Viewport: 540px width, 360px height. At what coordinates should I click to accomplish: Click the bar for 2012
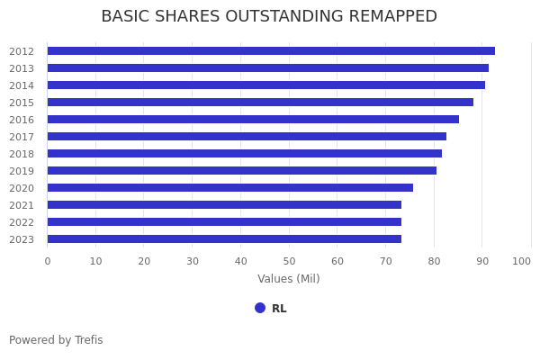[x=270, y=51]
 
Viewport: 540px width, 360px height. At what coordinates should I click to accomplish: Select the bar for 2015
[x=260, y=103]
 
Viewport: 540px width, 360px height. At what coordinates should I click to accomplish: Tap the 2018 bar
[x=244, y=154]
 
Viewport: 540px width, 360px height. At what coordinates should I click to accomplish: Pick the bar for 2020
[x=229, y=188]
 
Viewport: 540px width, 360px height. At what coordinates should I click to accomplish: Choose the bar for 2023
[x=224, y=239]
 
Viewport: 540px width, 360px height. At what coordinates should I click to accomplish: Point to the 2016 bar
[x=253, y=120]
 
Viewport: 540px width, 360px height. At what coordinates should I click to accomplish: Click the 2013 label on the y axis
[x=22, y=68]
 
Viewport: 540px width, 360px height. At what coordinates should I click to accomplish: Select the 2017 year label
[x=22, y=137]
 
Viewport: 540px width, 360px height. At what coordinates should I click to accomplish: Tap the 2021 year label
[x=22, y=205]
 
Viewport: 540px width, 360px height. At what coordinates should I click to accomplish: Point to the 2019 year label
[x=22, y=171]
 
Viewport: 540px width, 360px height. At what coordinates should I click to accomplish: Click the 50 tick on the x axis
[x=289, y=261]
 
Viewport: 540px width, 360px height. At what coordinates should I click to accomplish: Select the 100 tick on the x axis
[x=522, y=261]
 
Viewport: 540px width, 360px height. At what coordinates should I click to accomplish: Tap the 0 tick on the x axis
[x=48, y=261]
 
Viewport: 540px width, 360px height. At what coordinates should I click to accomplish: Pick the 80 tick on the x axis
[x=434, y=261]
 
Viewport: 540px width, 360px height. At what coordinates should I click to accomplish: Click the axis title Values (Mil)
[x=289, y=279]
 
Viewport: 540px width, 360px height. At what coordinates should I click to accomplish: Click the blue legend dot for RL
[x=260, y=308]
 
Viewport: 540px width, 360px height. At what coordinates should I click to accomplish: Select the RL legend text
[x=279, y=309]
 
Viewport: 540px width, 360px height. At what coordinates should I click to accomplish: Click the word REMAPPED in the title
[x=389, y=17]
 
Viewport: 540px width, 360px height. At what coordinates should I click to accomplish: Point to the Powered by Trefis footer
[x=56, y=340]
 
